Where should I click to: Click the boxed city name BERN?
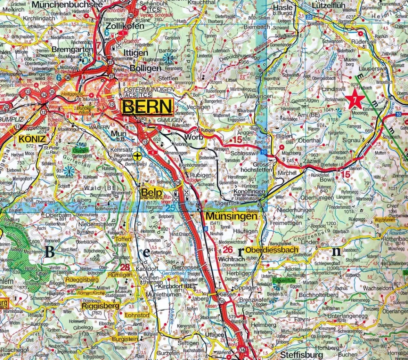point(147,107)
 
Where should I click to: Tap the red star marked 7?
point(355,100)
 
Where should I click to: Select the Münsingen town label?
point(231,216)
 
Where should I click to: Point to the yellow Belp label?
point(151,193)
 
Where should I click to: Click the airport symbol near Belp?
point(138,156)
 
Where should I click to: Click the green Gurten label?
point(80,150)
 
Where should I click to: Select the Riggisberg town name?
point(100,305)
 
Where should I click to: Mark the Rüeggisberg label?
point(82,280)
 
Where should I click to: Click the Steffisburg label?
point(302,355)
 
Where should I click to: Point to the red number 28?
point(125,267)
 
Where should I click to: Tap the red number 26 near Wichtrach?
point(228,250)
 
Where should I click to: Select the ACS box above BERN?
point(130,95)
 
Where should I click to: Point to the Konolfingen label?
point(249,192)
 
